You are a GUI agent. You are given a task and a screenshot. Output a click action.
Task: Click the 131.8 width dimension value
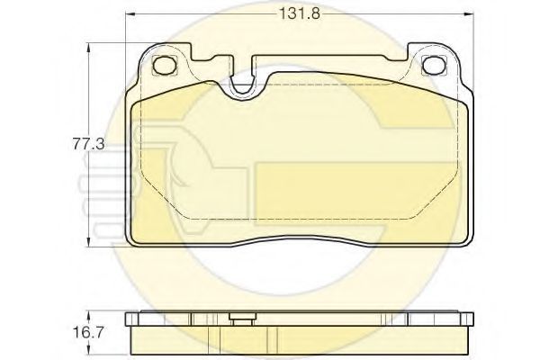tap(300, 13)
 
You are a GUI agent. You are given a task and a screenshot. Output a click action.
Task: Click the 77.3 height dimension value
tap(88, 144)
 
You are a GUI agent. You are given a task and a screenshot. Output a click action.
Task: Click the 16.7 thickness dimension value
tap(88, 332)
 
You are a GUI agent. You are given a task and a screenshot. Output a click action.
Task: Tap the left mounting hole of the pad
tap(164, 65)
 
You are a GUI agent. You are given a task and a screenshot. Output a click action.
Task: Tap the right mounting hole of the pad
tap(433, 65)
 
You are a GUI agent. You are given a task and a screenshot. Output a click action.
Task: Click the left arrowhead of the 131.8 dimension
tap(130, 13)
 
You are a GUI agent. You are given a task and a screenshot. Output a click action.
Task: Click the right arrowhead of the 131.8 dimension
tap(469, 13)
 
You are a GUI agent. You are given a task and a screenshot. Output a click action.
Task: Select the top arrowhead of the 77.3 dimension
tap(89, 48)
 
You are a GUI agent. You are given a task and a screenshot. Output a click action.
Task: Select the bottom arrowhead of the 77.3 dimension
tap(89, 242)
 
